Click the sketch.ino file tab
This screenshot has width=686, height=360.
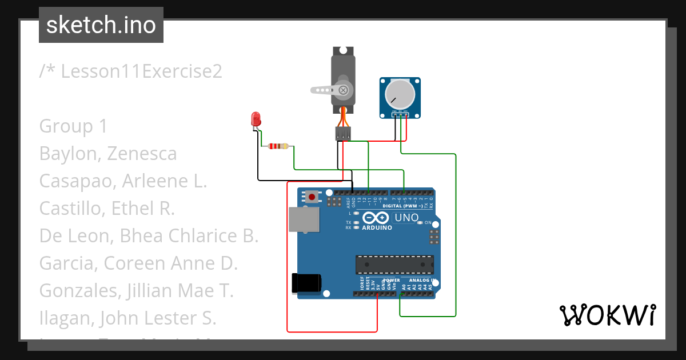coord(101,25)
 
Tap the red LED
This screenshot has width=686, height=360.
coord(256,119)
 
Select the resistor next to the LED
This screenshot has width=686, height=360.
coord(278,146)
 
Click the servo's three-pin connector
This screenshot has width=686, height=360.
coord(342,134)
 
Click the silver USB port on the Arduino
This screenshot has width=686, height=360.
coord(305,219)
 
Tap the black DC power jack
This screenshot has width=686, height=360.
coord(306,283)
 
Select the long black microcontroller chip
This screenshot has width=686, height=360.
coord(394,265)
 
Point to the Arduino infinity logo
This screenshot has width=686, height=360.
coord(376,218)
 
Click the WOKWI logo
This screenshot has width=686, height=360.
coord(607,315)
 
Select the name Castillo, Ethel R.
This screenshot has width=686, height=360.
coord(107,209)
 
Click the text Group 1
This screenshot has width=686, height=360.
coord(73,126)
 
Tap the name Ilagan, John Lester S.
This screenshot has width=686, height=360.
coord(127,318)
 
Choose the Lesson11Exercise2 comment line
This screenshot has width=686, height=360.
coord(130,71)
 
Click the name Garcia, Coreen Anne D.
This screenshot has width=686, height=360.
coord(138,263)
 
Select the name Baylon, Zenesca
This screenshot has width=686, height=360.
coord(108,154)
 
